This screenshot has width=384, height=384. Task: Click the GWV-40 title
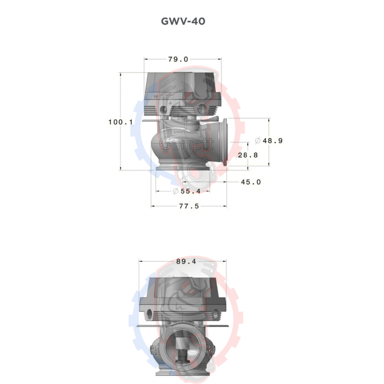tap(183, 22)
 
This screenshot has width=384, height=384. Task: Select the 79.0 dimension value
tap(178, 60)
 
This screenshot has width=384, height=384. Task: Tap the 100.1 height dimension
tap(120, 122)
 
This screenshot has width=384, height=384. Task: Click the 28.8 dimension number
tap(248, 156)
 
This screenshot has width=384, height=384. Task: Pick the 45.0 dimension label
tap(251, 182)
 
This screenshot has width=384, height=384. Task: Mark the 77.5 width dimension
tap(189, 206)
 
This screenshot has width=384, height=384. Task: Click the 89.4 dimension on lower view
tap(186, 262)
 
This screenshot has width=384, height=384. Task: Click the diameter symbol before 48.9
tap(258, 141)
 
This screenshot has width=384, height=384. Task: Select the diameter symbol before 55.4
tap(175, 192)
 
